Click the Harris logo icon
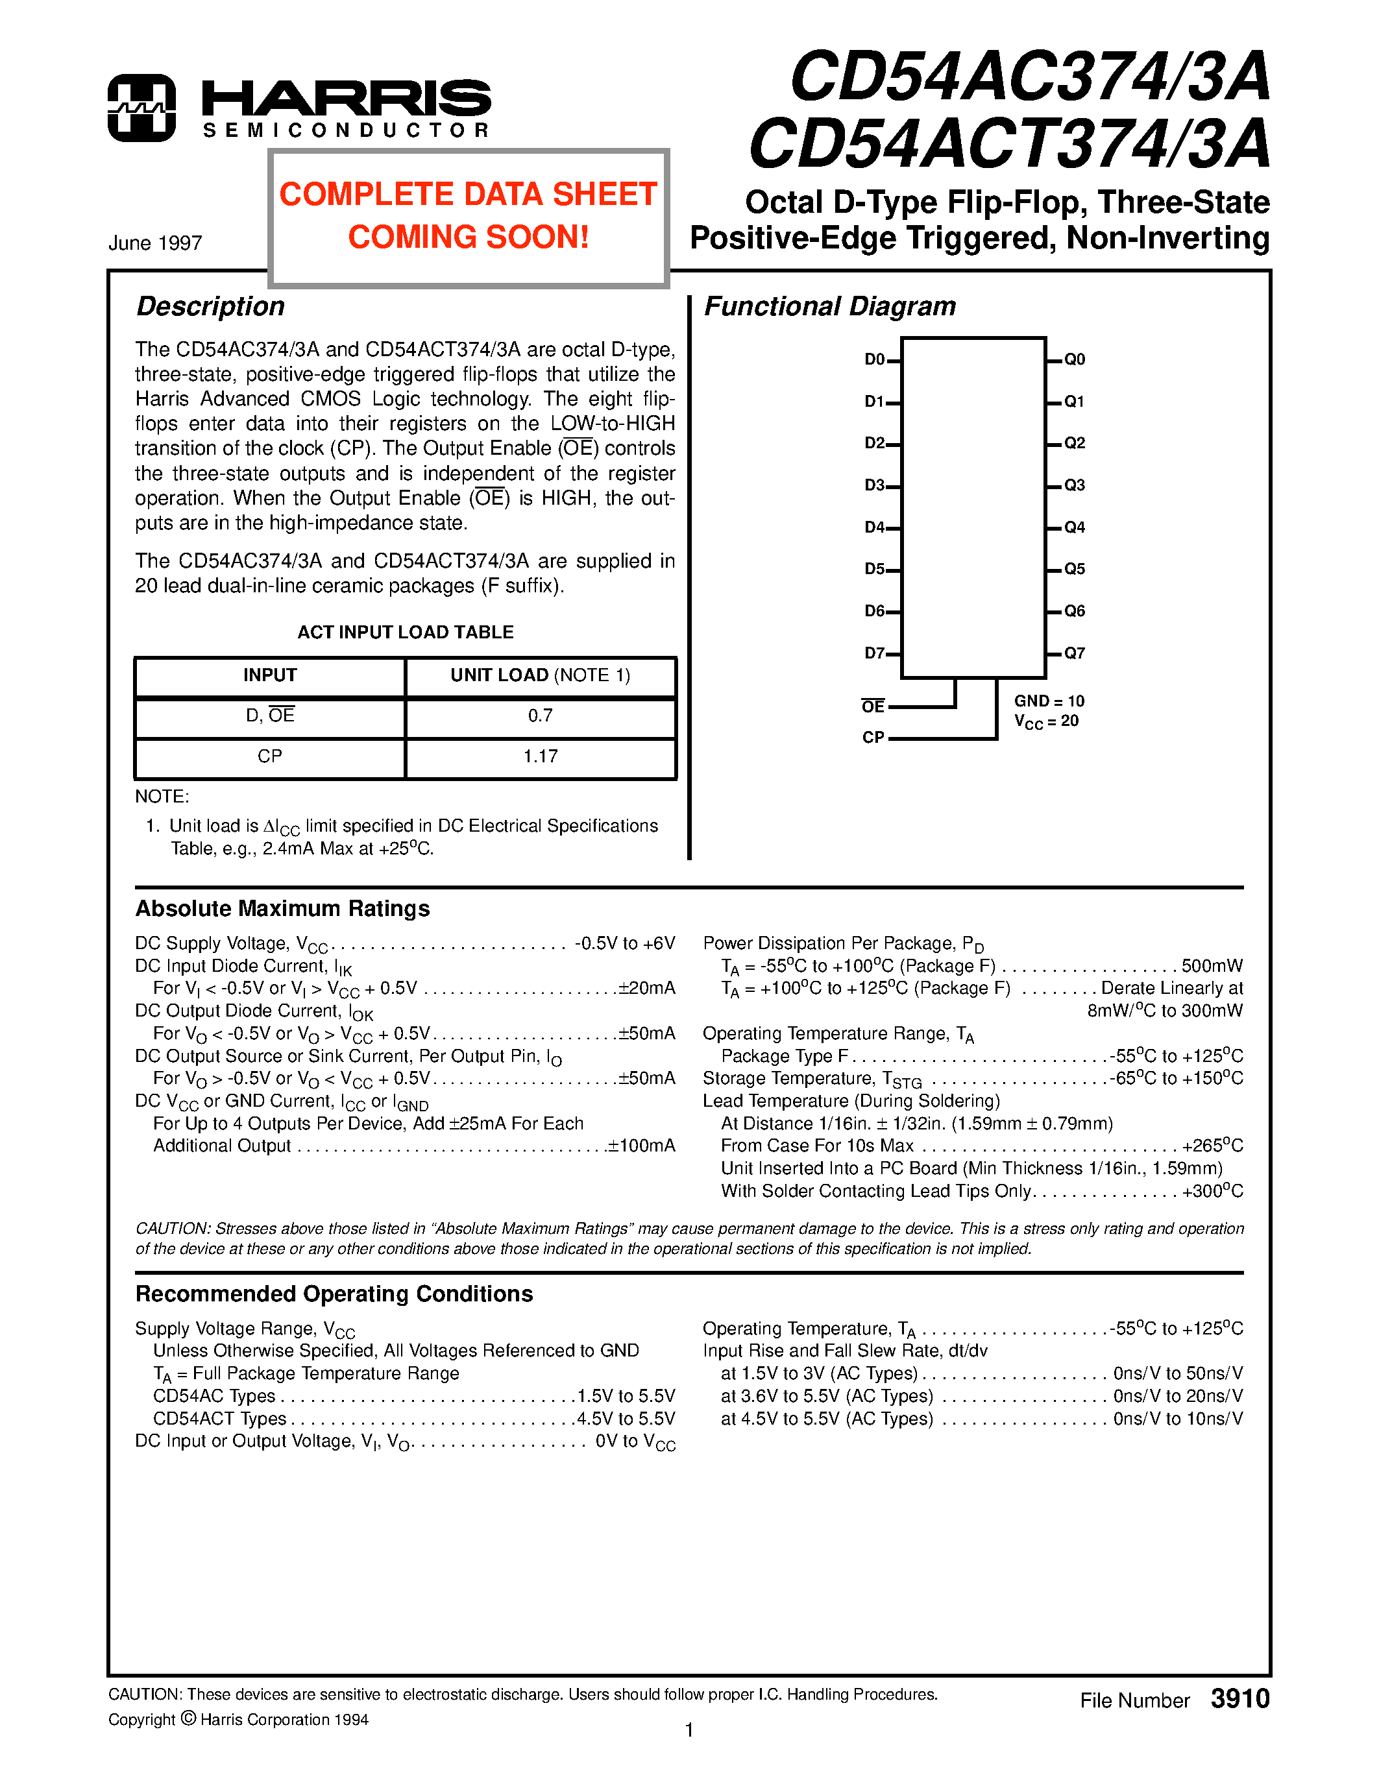[x=141, y=108]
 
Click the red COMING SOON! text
[x=468, y=237]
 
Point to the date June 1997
[x=155, y=243]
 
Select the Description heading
[x=210, y=306]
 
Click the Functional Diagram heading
[x=829, y=306]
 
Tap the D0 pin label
[x=874, y=359]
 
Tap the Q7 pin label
[x=1074, y=653]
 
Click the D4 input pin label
[x=874, y=527]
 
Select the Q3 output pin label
[x=1074, y=485]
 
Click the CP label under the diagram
[x=873, y=737]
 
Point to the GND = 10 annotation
[x=1049, y=701]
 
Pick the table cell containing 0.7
[x=540, y=716]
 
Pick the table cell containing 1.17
[x=540, y=756]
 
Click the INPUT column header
[x=269, y=675]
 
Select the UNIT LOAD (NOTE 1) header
[x=540, y=675]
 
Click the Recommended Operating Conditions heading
[x=334, y=1294]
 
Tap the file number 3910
[x=1239, y=1698]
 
